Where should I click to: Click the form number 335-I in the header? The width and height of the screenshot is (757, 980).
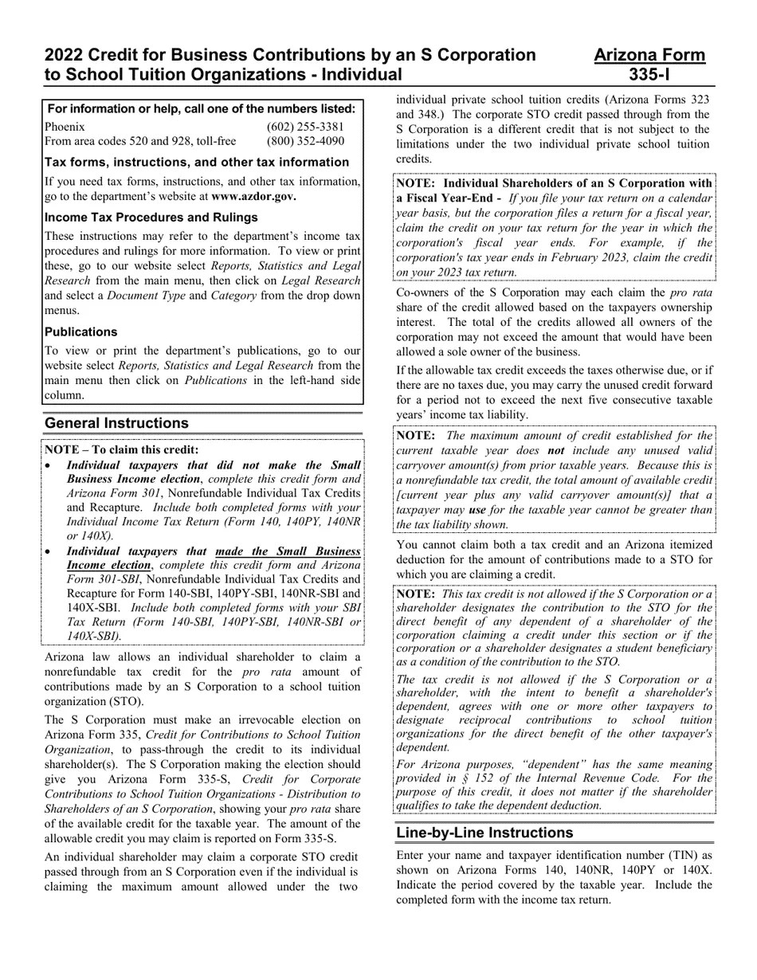(649, 75)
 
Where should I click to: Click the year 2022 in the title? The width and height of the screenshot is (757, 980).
(65, 55)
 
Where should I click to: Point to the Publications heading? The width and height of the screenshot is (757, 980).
(81, 332)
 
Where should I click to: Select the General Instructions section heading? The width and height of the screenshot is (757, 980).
(117, 423)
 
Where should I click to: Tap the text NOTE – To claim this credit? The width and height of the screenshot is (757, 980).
(122, 450)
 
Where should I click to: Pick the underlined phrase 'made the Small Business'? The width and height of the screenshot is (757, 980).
(288, 551)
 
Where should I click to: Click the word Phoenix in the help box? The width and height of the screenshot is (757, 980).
(65, 127)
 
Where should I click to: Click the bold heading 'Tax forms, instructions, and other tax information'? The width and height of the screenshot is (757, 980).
(197, 163)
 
